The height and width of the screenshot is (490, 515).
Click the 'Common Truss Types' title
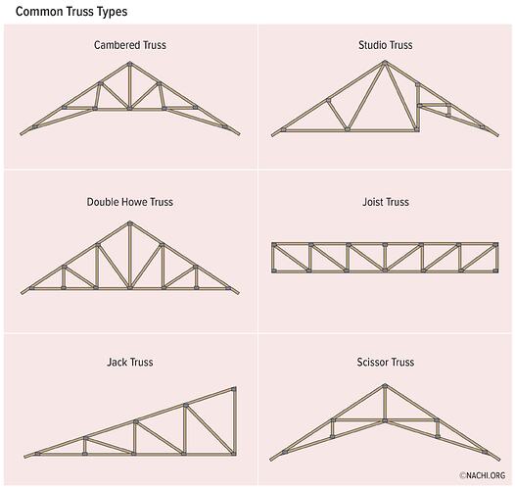click(71, 12)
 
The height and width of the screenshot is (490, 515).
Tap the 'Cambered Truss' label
click(130, 45)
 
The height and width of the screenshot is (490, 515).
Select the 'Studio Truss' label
click(385, 45)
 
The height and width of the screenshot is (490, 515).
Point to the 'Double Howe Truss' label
click(130, 202)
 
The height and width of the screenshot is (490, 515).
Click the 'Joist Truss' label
click(386, 202)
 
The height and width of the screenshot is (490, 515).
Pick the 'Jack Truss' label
click(130, 362)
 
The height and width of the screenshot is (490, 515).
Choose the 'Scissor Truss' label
click(386, 362)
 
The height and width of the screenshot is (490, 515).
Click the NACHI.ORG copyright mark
click(482, 475)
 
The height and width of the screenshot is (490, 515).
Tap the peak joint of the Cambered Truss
click(130, 64)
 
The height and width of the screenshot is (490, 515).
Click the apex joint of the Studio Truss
click(385, 63)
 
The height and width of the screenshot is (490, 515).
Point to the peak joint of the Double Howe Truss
click(130, 223)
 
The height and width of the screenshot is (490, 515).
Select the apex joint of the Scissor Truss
click(385, 386)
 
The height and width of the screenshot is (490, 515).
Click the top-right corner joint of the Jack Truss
click(234, 389)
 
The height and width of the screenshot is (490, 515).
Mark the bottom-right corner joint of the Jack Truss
click(234, 453)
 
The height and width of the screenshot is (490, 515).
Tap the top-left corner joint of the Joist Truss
click(274, 245)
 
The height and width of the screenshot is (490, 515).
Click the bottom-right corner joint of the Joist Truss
click(495, 270)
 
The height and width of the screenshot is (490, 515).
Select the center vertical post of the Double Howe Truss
click(130, 256)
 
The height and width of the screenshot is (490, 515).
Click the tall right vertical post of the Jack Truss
click(234, 421)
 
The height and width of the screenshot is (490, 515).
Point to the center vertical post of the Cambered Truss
click(130, 85)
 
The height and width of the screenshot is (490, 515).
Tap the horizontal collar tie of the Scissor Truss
click(385, 420)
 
